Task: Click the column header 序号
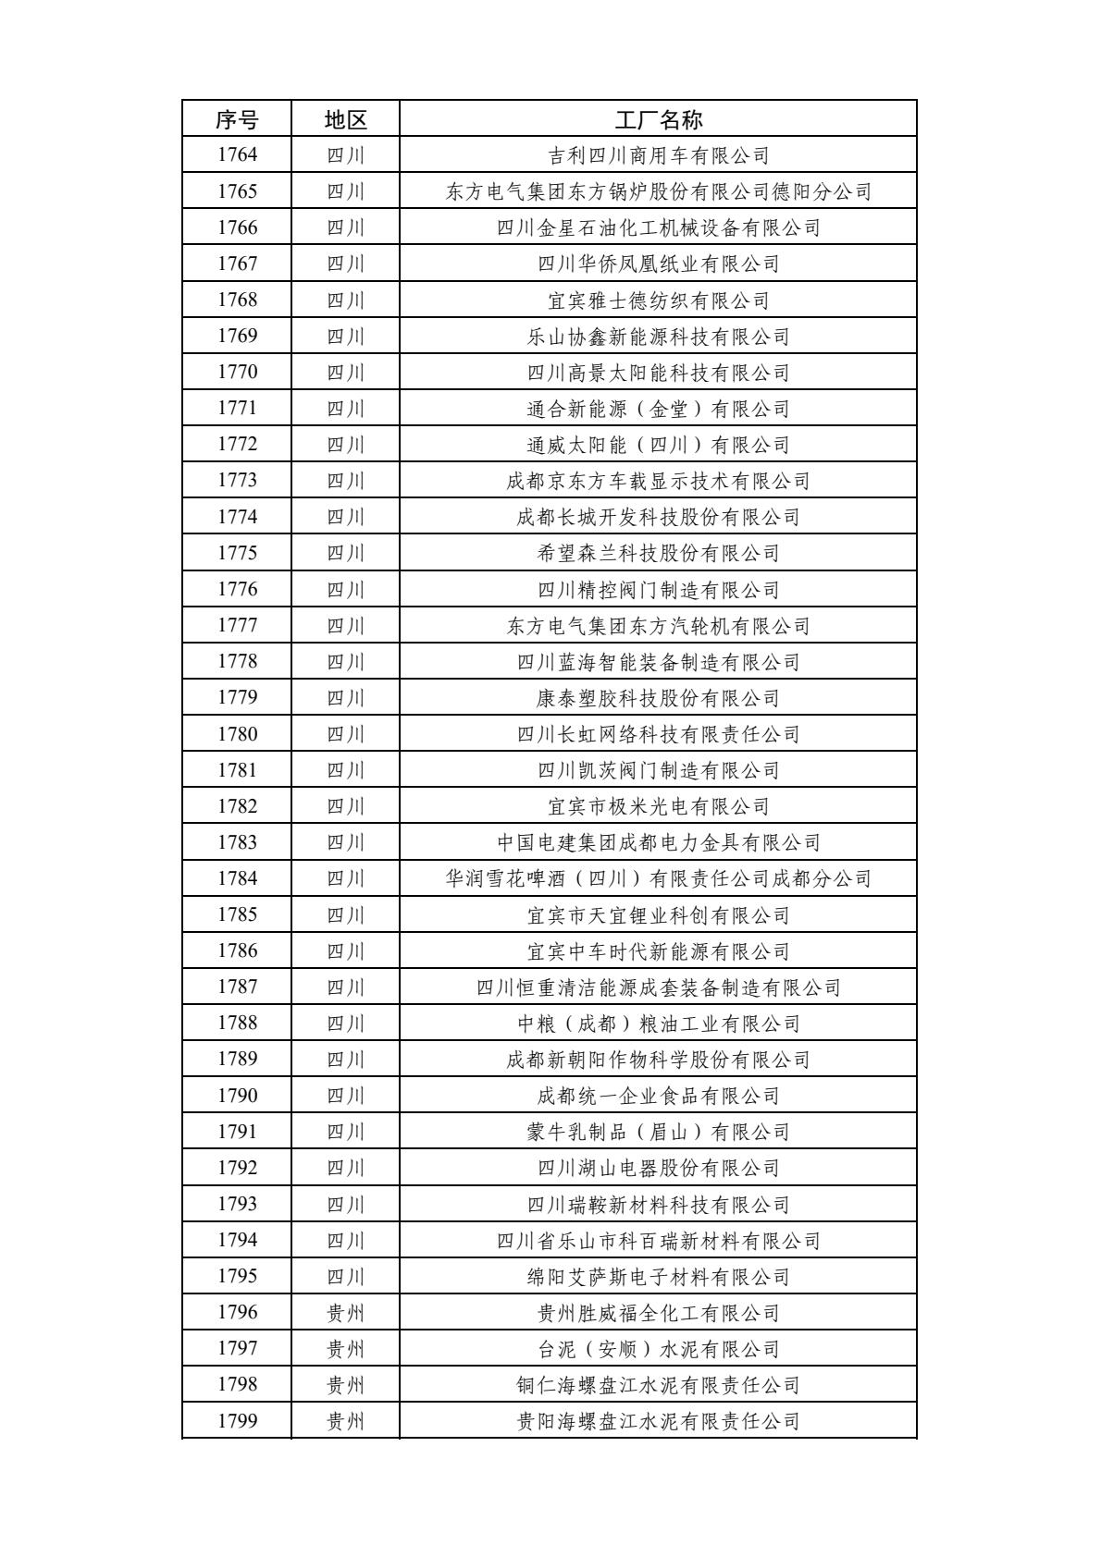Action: click(237, 119)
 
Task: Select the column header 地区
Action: click(345, 119)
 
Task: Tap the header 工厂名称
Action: click(658, 119)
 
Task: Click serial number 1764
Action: click(237, 155)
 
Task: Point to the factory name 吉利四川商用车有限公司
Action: click(658, 155)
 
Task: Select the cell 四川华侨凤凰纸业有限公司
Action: click(658, 264)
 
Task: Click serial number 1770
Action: click(237, 373)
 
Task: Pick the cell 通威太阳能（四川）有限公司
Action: click(658, 445)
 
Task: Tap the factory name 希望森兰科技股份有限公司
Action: click(658, 553)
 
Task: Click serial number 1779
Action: click(237, 698)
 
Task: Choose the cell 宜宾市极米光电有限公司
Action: click(658, 806)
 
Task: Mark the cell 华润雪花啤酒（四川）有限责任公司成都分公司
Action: click(658, 878)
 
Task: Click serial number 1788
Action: click(237, 1024)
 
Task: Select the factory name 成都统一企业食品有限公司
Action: click(658, 1096)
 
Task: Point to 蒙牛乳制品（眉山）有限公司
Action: click(658, 1132)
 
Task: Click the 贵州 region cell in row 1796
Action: click(345, 1313)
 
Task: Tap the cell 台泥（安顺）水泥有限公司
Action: click(658, 1349)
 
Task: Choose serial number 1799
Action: click(237, 1421)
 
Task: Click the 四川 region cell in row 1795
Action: click(345, 1277)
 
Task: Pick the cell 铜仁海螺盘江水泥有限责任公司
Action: click(658, 1385)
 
